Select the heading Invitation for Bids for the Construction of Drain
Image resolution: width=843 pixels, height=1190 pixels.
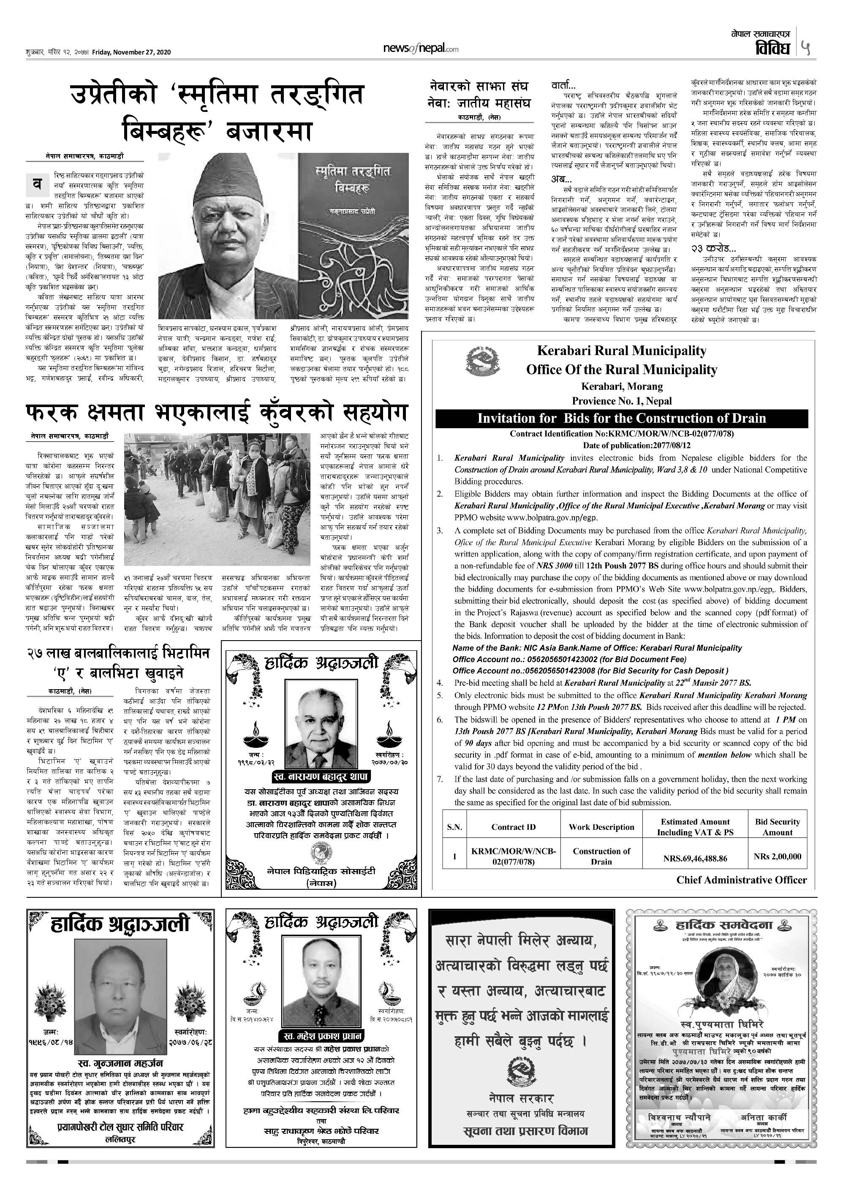[x=621, y=418]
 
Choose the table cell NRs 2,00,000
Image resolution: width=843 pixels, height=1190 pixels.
[x=777, y=856]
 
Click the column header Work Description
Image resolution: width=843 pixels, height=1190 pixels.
[x=601, y=827]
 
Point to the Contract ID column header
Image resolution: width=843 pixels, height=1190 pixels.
[x=514, y=827]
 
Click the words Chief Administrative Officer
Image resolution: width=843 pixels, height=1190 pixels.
[x=741, y=880]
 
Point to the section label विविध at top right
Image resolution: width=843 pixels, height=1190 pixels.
[x=773, y=48]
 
